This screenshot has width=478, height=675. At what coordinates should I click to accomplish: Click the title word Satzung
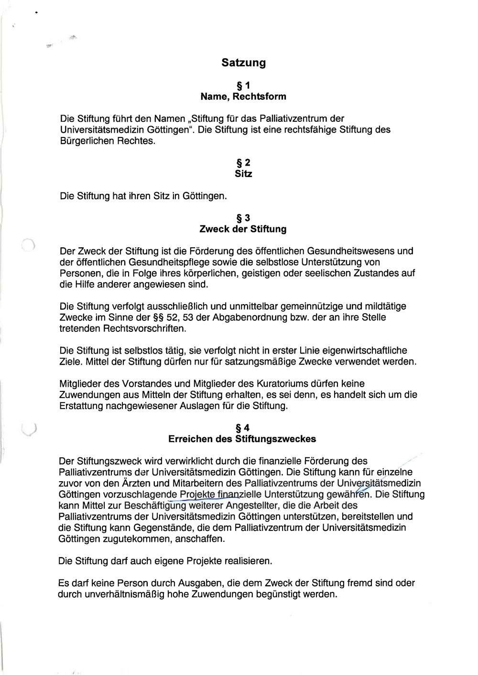(243, 63)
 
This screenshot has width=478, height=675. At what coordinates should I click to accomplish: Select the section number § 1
(243, 86)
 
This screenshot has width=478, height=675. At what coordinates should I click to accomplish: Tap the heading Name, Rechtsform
(243, 96)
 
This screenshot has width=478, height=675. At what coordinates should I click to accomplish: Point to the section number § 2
(243, 163)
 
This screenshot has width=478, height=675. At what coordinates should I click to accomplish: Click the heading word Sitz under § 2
(243, 174)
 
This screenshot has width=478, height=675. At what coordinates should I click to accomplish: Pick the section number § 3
(243, 218)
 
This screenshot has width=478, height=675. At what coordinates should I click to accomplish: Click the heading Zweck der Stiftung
(243, 229)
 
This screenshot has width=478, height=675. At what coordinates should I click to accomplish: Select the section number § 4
(243, 428)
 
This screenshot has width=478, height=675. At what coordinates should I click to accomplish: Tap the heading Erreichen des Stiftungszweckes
(242, 439)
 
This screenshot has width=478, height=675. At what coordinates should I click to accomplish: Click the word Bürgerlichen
(87, 141)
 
